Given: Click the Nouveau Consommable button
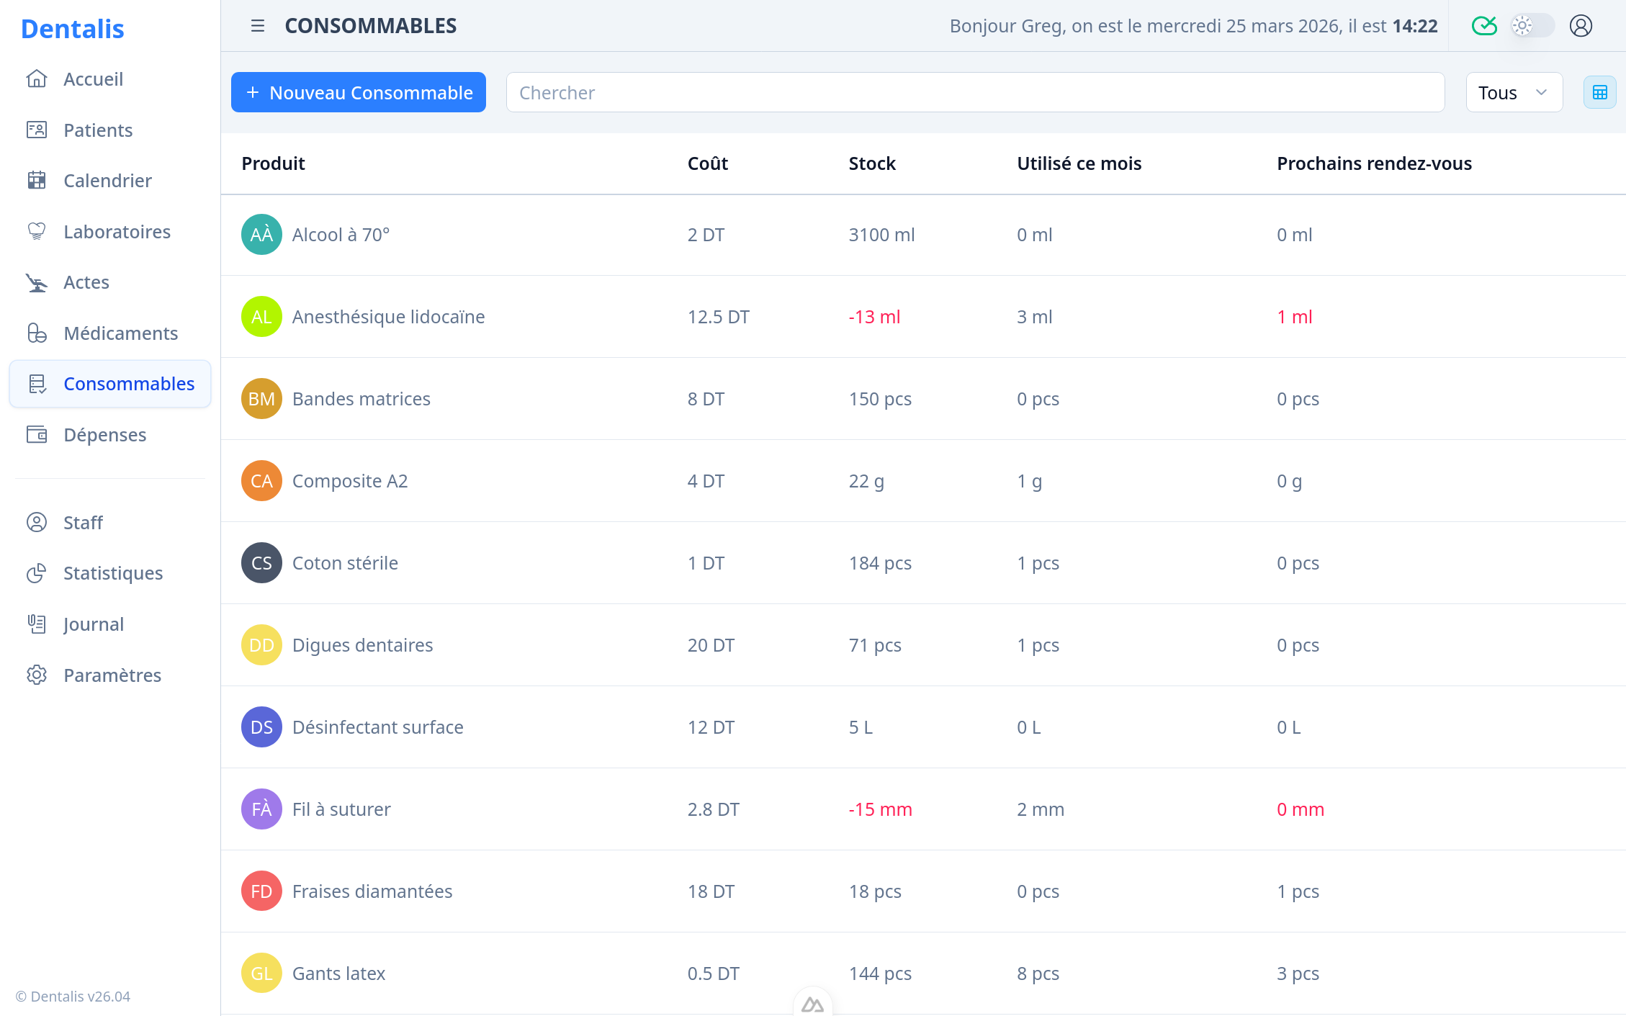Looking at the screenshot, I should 358,92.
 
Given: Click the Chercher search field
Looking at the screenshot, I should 975,92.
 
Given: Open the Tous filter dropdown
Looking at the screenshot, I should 1514,92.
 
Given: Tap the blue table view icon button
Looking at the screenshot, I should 1599,92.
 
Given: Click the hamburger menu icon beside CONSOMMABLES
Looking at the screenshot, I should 257,26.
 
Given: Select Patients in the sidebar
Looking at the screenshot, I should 98,130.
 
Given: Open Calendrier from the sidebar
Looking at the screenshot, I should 107,181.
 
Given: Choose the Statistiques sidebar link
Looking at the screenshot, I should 113,573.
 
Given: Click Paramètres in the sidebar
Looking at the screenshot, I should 112,675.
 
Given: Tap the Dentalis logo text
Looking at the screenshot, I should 73,29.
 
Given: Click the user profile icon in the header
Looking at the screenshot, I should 1581,26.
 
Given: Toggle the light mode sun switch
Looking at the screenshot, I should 1531,26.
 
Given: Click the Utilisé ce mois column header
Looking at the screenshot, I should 1079,163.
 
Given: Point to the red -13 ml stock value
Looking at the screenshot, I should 874,317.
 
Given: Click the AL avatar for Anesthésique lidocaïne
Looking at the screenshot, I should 261,317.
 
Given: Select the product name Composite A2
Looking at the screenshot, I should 350,481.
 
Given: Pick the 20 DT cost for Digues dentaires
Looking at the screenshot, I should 711,645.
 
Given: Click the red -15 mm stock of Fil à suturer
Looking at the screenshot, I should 880,809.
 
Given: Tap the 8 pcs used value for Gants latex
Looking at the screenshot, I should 1038,974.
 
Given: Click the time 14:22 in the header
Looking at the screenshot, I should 1415,26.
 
